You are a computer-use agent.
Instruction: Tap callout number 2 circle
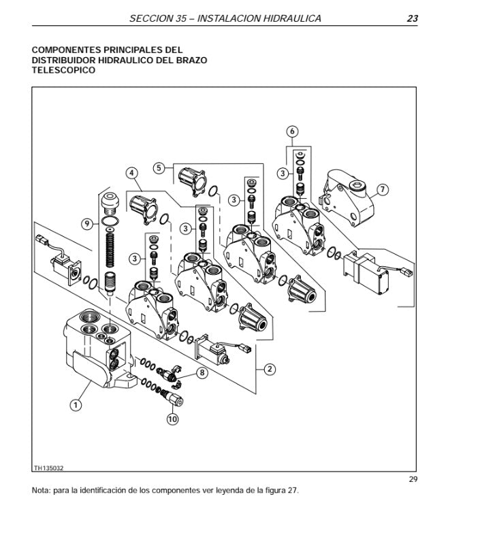pyautogui.click(x=270, y=370)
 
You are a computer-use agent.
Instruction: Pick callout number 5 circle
pyautogui.click(x=159, y=167)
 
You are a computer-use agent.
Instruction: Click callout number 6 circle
pyautogui.click(x=292, y=131)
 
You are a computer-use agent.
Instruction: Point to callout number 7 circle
pyautogui.click(x=383, y=190)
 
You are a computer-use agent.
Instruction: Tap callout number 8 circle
pyautogui.click(x=202, y=372)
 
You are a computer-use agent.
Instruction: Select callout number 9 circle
pyautogui.click(x=86, y=223)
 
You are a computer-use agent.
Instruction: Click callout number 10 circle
pyautogui.click(x=172, y=419)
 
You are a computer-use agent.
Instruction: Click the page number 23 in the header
pyautogui.click(x=412, y=18)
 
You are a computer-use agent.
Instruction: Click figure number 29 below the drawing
pyautogui.click(x=413, y=479)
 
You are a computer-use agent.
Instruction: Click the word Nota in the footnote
pyautogui.click(x=41, y=490)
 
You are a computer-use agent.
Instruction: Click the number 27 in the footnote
pyautogui.click(x=291, y=490)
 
